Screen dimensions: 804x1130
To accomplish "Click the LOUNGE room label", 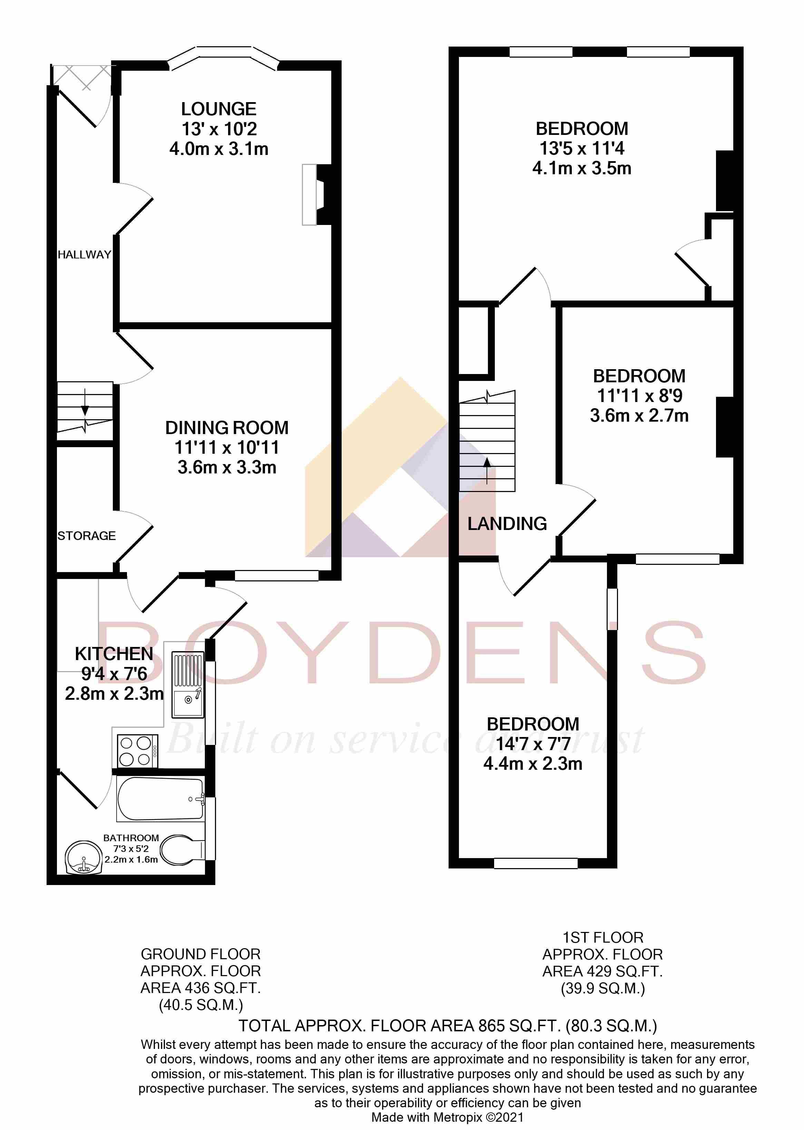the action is (x=219, y=109).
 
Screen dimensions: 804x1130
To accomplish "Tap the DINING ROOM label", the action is (x=227, y=428).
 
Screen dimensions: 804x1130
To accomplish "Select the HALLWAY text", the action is (x=84, y=254).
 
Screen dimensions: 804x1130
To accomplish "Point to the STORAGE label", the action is (x=87, y=535).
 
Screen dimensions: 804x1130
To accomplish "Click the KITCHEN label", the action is (x=114, y=654).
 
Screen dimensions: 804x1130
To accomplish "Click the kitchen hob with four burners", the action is (x=137, y=751).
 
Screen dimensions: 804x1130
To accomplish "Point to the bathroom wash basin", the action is (x=83, y=858).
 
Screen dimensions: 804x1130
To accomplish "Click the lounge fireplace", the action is (x=316, y=195).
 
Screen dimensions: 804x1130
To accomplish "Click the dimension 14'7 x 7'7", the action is (x=533, y=744).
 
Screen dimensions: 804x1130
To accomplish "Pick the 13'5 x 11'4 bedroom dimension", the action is (x=582, y=148).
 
